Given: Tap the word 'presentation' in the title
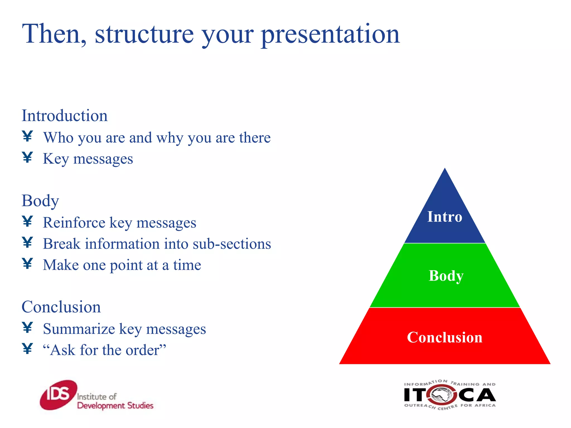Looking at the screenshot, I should point(330,35).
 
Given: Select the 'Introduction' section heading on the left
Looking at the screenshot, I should point(65,116).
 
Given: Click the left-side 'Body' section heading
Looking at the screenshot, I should point(40,201).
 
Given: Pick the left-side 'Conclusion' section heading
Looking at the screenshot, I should point(61,307).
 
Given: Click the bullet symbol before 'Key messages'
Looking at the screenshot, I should point(28,157).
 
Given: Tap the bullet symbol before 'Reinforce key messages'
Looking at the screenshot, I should point(28,222).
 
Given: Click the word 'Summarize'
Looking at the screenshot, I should point(79,329).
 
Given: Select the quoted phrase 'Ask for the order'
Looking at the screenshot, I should point(105,350).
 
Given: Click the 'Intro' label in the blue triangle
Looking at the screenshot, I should point(445,217).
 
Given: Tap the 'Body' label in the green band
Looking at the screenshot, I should point(446,276).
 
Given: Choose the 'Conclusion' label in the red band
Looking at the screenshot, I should point(445,337).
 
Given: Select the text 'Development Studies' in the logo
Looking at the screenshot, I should point(115,406).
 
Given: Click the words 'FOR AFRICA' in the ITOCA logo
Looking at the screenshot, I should point(478,405).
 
